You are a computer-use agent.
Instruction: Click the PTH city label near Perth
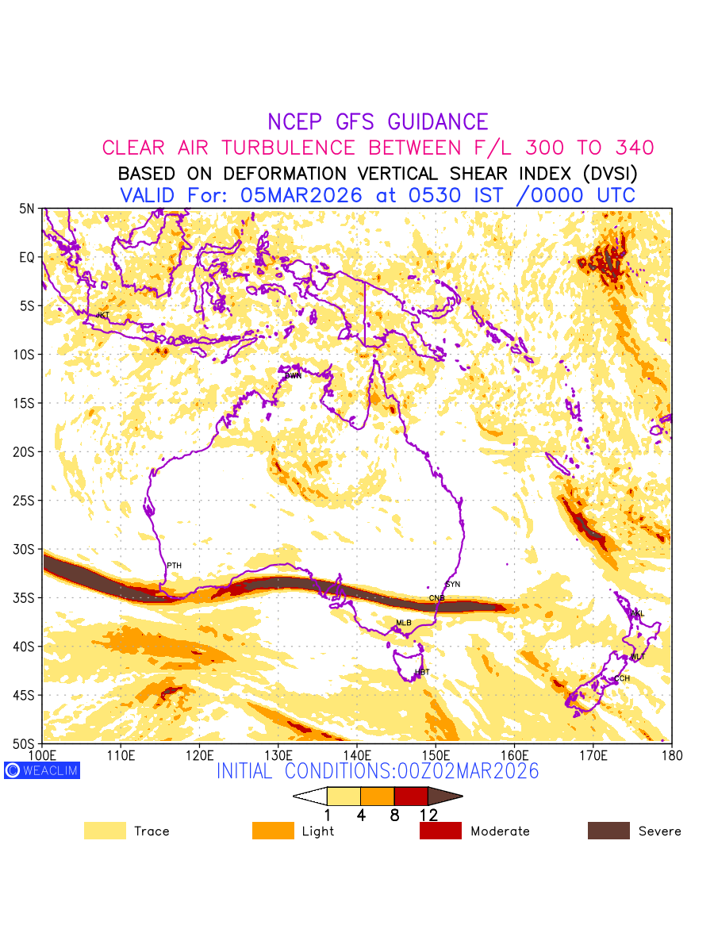(x=174, y=565)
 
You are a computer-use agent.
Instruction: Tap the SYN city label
(x=453, y=585)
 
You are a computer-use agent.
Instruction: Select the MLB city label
(x=404, y=623)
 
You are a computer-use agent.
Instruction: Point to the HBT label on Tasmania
(x=422, y=672)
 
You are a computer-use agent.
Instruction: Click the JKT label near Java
(x=102, y=315)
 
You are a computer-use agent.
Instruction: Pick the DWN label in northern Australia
(x=294, y=375)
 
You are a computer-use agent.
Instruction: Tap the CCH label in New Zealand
(x=622, y=678)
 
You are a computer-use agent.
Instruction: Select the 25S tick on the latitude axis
(x=26, y=501)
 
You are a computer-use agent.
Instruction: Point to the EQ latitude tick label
(x=28, y=257)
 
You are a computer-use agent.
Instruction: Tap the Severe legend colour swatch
(x=608, y=831)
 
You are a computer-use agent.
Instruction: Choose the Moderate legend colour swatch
(x=440, y=831)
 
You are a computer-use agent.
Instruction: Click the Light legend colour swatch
(x=273, y=831)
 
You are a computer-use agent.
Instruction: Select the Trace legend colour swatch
(x=105, y=831)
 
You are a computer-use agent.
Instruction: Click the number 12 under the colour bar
(x=428, y=815)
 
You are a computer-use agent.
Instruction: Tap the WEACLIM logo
(x=41, y=770)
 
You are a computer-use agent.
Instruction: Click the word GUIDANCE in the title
(x=438, y=122)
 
